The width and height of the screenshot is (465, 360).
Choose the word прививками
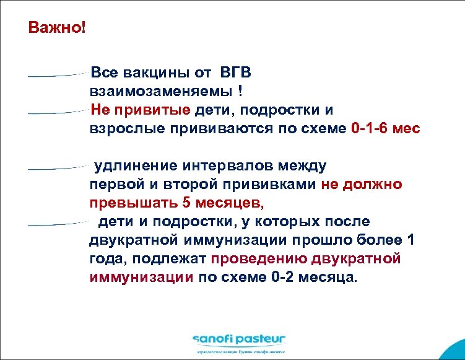point(273,185)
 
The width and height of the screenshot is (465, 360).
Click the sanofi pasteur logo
point(238,339)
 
